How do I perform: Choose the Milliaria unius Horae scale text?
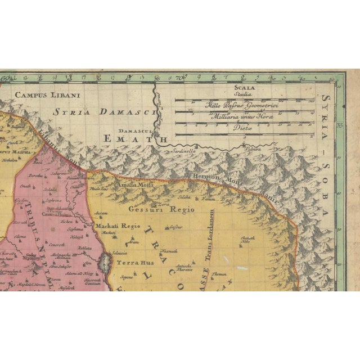(x=242, y=117)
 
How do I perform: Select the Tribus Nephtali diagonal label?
(x=39, y=236)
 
